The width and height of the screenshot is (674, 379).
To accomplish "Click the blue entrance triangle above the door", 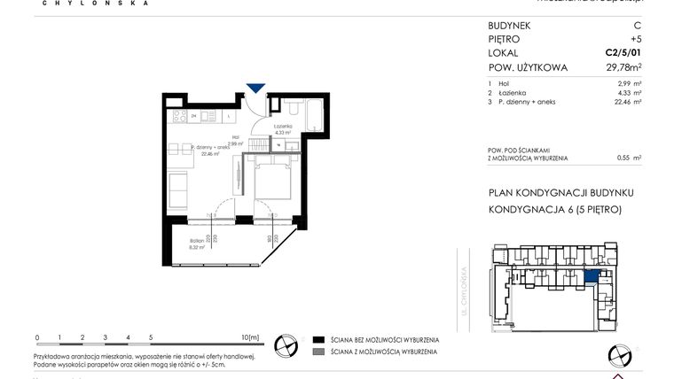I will [255, 87].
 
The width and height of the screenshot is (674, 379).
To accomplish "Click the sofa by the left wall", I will [177, 189].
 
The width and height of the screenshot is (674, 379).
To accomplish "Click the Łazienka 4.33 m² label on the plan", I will [283, 129].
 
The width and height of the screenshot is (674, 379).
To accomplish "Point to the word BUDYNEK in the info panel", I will [510, 25].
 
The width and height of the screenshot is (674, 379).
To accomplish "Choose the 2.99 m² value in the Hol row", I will [628, 82].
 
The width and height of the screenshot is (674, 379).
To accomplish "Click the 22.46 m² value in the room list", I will [626, 102].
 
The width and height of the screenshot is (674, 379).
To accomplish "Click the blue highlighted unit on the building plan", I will [592, 276].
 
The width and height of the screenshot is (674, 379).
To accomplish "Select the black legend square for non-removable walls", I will [317, 340].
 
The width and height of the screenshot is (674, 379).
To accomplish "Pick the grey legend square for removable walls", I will [317, 352].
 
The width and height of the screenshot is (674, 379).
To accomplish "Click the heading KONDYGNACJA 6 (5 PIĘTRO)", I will [555, 210].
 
